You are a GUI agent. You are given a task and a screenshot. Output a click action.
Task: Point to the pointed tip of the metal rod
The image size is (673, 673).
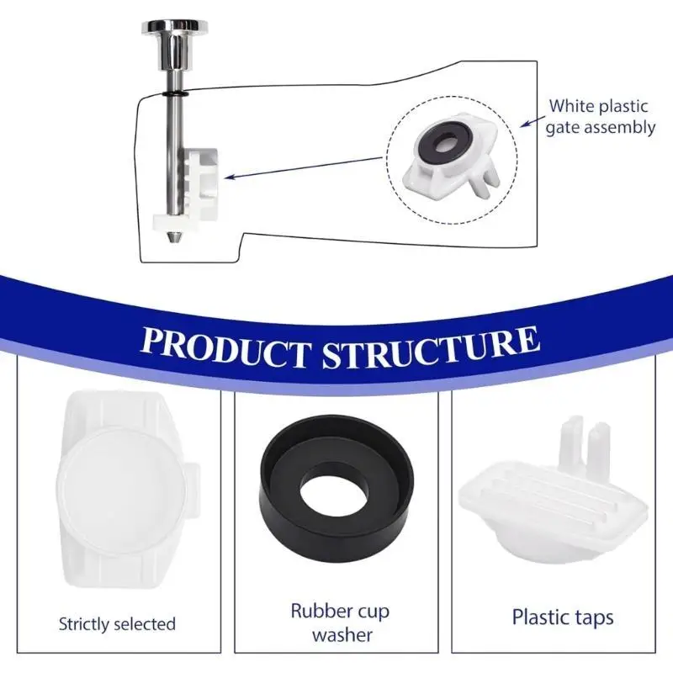tap(172, 237)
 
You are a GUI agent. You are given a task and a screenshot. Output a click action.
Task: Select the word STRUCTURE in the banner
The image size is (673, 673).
tap(431, 347)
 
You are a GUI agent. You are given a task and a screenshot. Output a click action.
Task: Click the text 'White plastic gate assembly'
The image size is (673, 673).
tap(600, 117)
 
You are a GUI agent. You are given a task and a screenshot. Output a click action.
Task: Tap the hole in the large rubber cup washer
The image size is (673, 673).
tap(333, 490)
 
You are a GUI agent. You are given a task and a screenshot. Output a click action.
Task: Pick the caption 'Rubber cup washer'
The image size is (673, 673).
tap(340, 623)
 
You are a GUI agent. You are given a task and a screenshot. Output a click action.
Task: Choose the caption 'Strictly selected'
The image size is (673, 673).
tap(117, 623)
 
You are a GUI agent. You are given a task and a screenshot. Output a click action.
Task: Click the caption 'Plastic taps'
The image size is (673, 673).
tap(563, 617)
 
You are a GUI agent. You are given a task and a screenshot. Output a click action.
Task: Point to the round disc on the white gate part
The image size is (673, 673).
tap(122, 490)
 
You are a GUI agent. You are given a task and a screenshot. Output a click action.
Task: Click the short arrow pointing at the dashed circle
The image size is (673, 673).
tap(533, 121)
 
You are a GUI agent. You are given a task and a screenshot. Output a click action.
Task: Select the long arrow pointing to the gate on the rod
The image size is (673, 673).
tap(303, 167)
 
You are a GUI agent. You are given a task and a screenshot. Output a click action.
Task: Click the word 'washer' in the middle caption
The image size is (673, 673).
tap(342, 635)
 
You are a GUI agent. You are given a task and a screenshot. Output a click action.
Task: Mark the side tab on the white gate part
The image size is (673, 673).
tap(193, 490)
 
